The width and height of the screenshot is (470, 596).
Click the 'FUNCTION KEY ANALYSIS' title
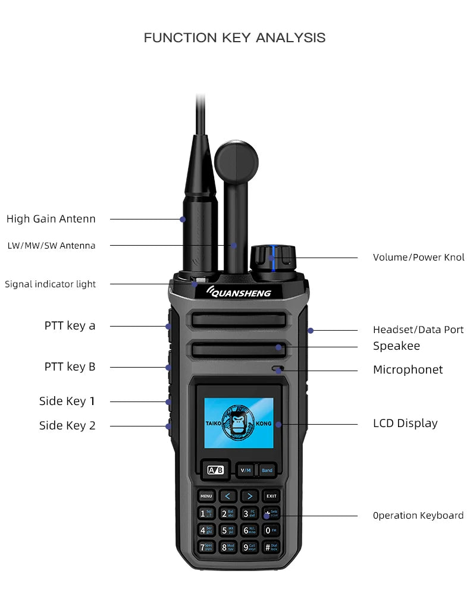tap(234, 38)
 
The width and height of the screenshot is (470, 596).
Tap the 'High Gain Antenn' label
tap(51, 219)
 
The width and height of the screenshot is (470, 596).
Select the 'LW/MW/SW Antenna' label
tap(51, 246)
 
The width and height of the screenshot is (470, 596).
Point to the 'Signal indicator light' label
tap(50, 284)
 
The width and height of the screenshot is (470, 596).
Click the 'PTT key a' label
tap(70, 326)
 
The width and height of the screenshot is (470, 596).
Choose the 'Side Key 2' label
tap(67, 425)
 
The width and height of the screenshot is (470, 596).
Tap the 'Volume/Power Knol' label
tap(418, 258)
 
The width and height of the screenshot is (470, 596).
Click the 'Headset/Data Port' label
tap(418, 330)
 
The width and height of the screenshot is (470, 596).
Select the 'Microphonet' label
tap(408, 370)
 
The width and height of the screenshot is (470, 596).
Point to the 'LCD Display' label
tap(405, 424)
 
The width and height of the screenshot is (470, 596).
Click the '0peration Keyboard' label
tap(418, 516)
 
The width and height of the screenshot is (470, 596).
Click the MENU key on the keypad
tap(206, 496)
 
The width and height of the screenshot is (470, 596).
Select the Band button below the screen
tap(267, 470)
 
